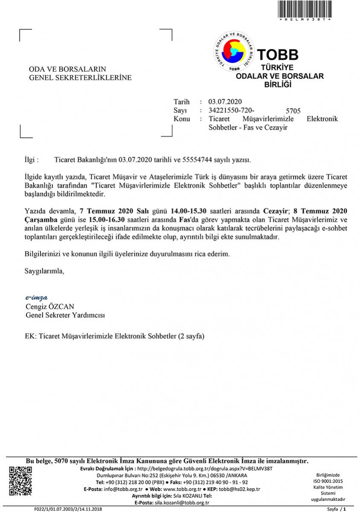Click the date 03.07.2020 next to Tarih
pyautogui.click(x=225, y=102)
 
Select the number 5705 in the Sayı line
pyautogui.click(x=293, y=112)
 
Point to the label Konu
pyautogui.click(x=182, y=119)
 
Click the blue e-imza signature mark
pyautogui.click(x=37, y=298)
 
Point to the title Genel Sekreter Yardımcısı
pyautogui.click(x=65, y=315)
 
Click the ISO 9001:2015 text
pyautogui.click(x=328, y=481)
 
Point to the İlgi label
pyautogui.click(x=32, y=160)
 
